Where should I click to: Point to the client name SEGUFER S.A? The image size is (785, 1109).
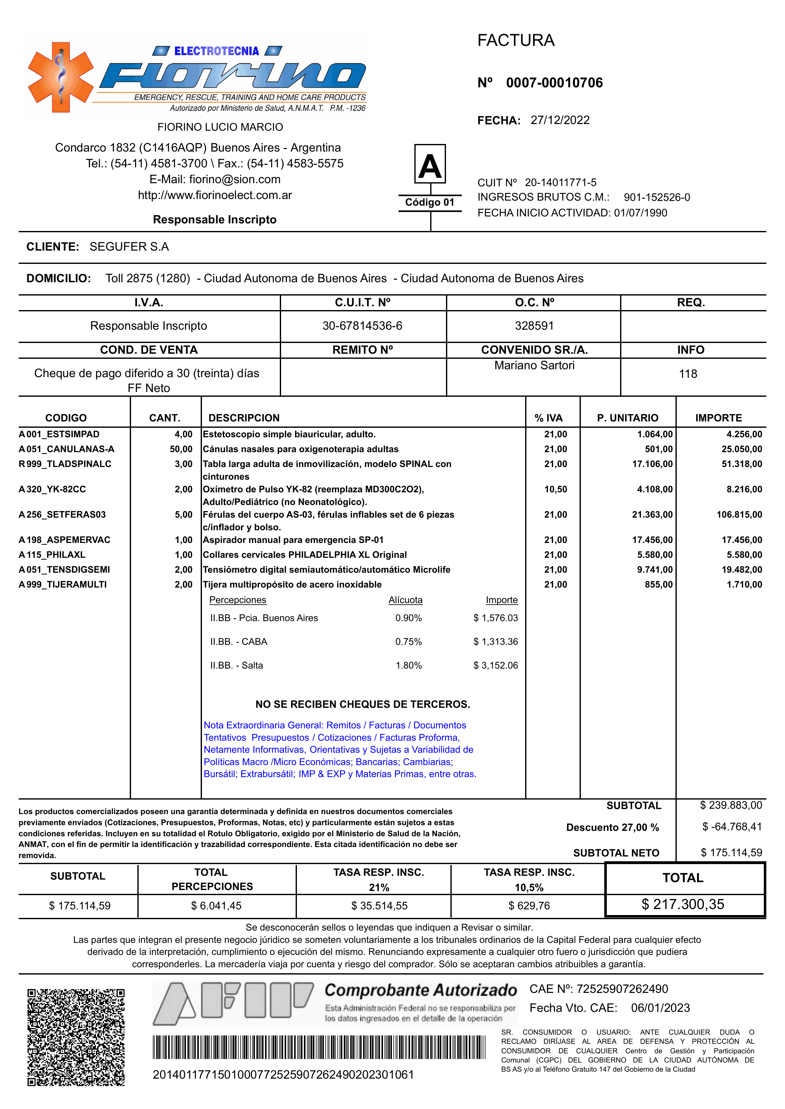pos(129,246)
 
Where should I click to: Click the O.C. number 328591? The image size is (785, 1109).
pos(534,326)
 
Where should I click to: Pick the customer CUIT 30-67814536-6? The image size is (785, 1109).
pos(362,326)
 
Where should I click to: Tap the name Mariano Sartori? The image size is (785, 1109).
pos(534,365)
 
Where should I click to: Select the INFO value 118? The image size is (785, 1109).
pos(688,374)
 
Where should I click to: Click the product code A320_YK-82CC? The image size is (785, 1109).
pos(52,489)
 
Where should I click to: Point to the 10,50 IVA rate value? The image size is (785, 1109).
pos(556,489)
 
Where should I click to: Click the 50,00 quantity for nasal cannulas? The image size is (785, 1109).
pos(181,449)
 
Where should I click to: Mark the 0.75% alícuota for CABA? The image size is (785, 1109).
pos(408,642)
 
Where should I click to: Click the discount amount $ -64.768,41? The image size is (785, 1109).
pos(732,827)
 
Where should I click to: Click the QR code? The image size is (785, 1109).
pos(76,1037)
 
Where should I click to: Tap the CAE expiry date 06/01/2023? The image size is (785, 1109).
pos(660,1008)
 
